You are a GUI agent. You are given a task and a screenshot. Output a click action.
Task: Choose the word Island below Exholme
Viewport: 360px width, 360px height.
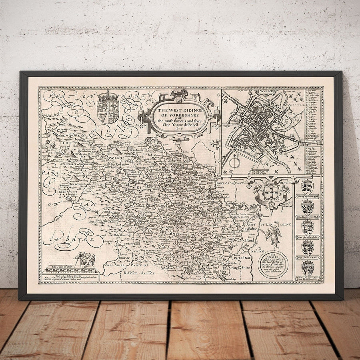(249, 241)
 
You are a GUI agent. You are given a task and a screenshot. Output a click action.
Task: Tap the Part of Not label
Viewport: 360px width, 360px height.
(242, 258)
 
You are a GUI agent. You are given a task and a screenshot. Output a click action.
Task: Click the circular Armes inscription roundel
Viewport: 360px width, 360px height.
(273, 263)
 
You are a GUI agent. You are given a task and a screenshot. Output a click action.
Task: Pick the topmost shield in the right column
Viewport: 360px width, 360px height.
(308, 187)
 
